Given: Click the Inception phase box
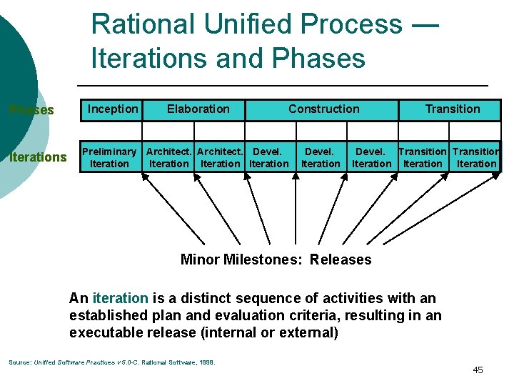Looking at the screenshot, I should coord(112,109).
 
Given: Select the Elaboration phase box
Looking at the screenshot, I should coord(198,109).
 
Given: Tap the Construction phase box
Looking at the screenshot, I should coord(323,109).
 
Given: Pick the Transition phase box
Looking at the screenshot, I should coord(453,109).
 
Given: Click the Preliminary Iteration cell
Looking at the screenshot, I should coord(109,157).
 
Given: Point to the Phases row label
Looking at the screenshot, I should coord(31,110).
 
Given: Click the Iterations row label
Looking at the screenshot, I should coord(38,157).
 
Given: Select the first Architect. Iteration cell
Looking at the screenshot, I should coord(169,157).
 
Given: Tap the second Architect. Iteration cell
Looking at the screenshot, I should coord(221,157).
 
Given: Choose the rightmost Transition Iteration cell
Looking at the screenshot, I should coord(476,157).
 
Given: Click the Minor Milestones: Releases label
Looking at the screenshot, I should coord(276,259).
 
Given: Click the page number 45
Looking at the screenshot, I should coord(478,370).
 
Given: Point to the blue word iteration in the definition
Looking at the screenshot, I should coord(121,298).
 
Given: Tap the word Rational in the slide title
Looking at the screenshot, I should coord(143,25).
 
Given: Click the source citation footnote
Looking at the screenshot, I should coord(111,362).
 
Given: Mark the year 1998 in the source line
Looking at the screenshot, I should coord(206,362).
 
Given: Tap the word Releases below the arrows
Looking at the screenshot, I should coord(341,259).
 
